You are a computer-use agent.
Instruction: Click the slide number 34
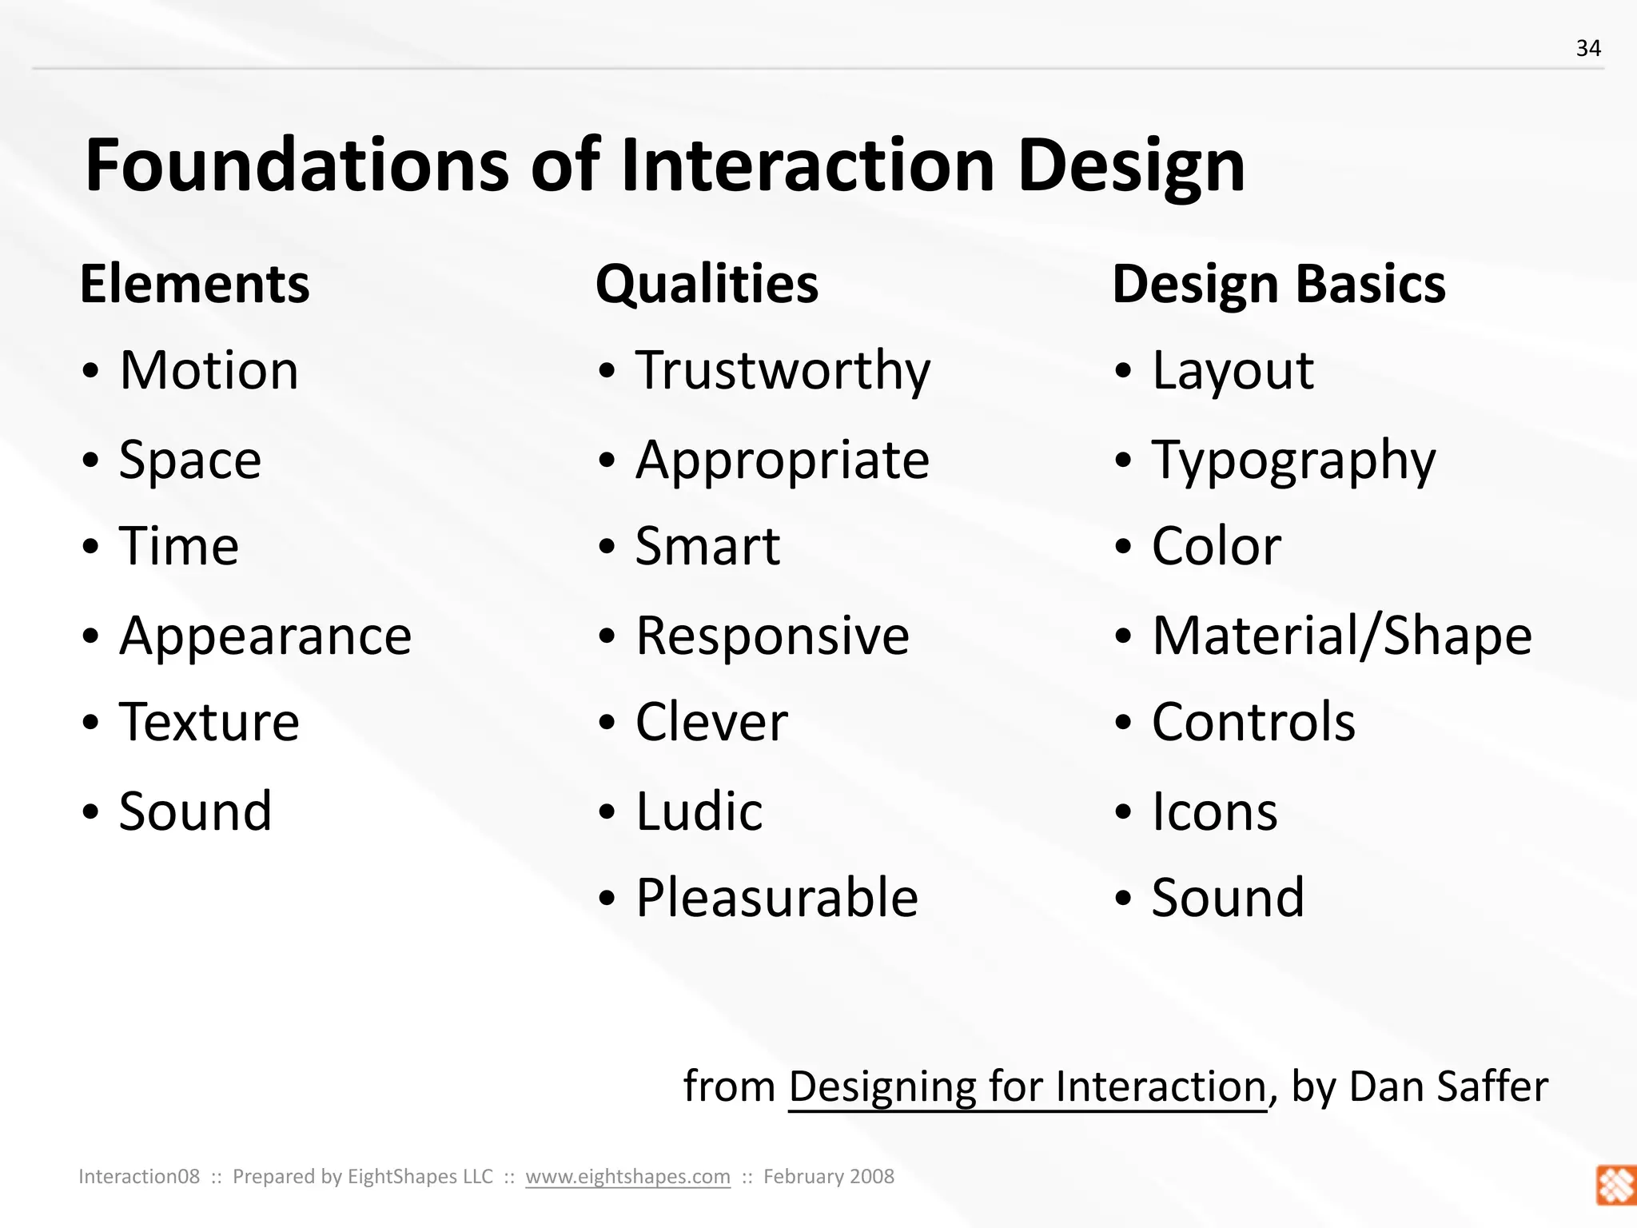(x=1588, y=49)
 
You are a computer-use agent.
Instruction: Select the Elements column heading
(x=194, y=285)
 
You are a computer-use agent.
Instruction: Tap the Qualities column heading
(x=707, y=285)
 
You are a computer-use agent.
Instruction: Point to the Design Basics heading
(x=1278, y=285)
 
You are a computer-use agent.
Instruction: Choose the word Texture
(x=209, y=722)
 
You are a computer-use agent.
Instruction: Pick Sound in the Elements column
(x=195, y=811)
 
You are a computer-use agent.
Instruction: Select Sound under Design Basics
(x=1228, y=898)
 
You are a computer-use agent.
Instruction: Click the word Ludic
(x=699, y=811)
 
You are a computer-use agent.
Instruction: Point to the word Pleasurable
(x=776, y=898)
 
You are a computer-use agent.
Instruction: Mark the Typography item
(x=1293, y=461)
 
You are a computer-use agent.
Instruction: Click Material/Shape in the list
(x=1341, y=636)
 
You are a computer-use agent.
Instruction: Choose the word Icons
(x=1214, y=811)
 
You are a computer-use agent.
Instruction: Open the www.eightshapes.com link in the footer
(x=627, y=1176)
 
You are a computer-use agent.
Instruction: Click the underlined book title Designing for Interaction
(x=1027, y=1086)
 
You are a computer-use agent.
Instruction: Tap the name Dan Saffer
(x=1448, y=1086)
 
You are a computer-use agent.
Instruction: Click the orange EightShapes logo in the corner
(x=1615, y=1185)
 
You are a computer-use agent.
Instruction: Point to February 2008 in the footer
(x=828, y=1176)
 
